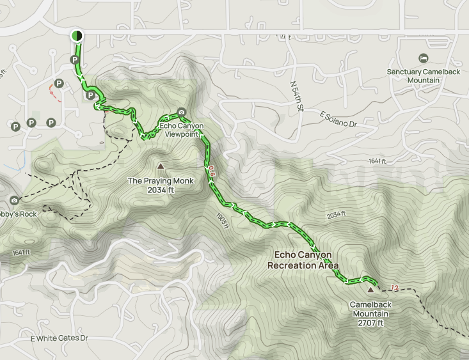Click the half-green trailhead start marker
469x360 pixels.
[x=77, y=36]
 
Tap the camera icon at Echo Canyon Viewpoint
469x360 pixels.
[x=182, y=112]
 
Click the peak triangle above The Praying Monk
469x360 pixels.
[x=160, y=167]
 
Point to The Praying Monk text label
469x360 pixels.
[x=161, y=181]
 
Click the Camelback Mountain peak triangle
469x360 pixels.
[x=370, y=290]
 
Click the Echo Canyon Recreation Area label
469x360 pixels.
[x=303, y=260]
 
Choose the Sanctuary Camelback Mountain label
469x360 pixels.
[x=422, y=76]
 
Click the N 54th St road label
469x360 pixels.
[x=296, y=96]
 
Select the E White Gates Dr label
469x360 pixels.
[x=62, y=337]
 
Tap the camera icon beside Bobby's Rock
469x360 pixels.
[x=14, y=201]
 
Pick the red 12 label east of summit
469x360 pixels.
[x=394, y=288]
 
